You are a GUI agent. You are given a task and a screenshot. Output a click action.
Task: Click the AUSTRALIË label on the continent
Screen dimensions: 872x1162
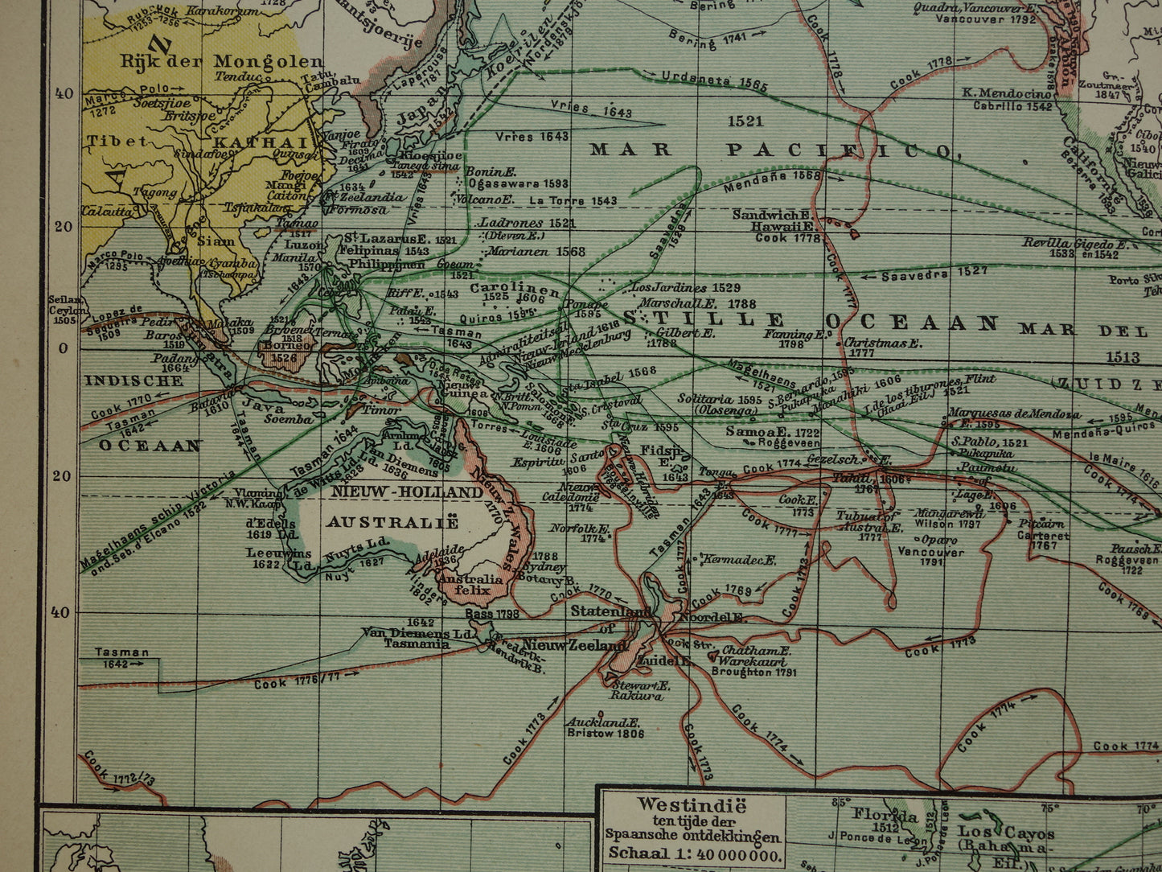pyautogui.click(x=392, y=522)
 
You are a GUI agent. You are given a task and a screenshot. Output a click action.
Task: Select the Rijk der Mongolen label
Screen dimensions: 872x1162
pyautogui.click(x=222, y=62)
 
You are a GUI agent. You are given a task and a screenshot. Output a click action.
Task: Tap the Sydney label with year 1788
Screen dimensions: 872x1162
pyautogui.click(x=544, y=566)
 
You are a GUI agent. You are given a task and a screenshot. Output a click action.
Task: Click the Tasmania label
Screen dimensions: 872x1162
pyautogui.click(x=417, y=644)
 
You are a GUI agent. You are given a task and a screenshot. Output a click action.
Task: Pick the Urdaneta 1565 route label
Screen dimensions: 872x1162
pyautogui.click(x=714, y=82)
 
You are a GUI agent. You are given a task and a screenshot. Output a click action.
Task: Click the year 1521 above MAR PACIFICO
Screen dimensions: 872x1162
pyautogui.click(x=744, y=121)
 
